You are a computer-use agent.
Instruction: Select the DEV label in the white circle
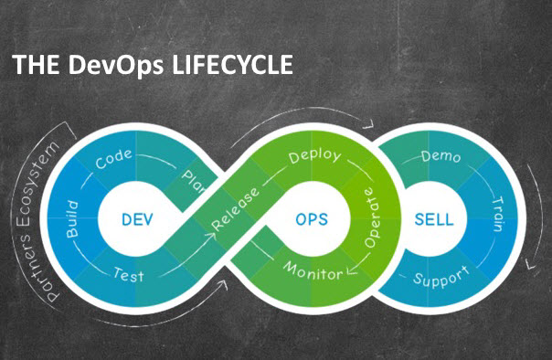point(137,219)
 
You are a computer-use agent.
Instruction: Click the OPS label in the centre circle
point(312,219)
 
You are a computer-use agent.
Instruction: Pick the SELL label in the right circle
point(434,219)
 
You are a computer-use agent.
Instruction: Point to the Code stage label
point(113,158)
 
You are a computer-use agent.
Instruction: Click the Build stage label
point(73,219)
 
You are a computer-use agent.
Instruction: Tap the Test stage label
point(129,275)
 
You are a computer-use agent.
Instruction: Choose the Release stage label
point(235,209)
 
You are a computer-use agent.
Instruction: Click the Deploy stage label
point(315,156)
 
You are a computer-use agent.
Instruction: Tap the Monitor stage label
point(313,271)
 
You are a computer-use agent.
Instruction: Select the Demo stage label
point(441,156)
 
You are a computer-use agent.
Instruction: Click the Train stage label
point(498,214)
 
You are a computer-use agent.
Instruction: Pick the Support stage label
point(441,277)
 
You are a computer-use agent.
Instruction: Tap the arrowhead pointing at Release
point(212,235)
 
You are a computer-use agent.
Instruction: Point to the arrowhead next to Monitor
point(352,270)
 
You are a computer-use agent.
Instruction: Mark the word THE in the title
point(36,65)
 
